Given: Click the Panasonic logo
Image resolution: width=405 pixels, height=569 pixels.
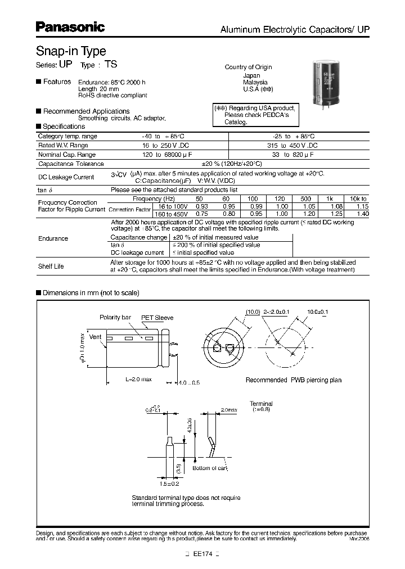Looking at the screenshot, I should click(x=70, y=27).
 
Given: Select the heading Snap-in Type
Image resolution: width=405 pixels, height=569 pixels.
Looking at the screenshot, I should click(x=71, y=51).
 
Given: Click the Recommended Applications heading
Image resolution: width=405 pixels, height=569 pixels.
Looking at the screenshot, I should click(x=86, y=111).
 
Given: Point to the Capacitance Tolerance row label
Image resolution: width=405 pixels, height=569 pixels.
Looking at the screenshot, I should click(x=71, y=164).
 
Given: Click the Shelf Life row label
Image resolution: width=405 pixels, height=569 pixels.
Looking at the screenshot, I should click(x=51, y=267).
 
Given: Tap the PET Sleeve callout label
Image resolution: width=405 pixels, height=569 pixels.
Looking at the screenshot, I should click(x=157, y=318).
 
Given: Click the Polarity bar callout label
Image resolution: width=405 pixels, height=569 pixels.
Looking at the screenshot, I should click(x=115, y=318).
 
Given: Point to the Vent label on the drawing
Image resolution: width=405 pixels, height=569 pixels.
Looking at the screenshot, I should click(x=96, y=337).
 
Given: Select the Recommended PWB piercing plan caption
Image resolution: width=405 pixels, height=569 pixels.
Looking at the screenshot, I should click(x=293, y=380).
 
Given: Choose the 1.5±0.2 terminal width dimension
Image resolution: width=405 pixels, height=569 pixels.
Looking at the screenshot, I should click(x=169, y=483).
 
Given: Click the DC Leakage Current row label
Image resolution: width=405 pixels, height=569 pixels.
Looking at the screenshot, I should click(x=66, y=177).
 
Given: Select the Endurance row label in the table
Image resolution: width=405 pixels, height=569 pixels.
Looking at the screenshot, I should click(x=53, y=238).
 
